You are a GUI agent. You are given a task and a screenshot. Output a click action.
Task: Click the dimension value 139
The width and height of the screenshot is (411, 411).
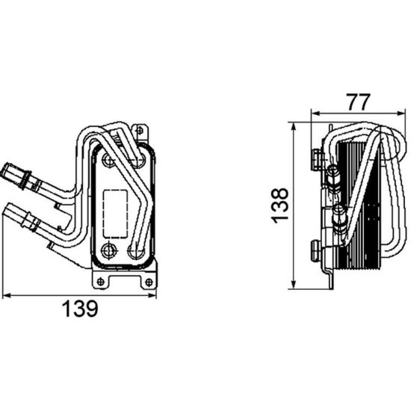[x=80, y=309]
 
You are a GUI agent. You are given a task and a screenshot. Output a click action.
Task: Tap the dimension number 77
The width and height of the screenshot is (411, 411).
[x=359, y=102]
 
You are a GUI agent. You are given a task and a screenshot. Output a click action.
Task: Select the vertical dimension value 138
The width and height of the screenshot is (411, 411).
[x=280, y=205]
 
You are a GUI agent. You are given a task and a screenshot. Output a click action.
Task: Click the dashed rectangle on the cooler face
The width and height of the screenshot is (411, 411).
[x=115, y=214]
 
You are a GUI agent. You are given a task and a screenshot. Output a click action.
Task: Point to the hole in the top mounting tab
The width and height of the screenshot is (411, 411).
[x=140, y=130]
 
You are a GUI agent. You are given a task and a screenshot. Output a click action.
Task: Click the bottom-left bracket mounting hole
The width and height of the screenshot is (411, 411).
[x=100, y=282]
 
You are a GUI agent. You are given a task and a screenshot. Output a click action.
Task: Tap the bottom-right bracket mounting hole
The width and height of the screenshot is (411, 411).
[x=149, y=282]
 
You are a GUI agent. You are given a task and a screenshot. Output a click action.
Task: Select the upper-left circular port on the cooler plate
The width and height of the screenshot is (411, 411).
[x=108, y=160]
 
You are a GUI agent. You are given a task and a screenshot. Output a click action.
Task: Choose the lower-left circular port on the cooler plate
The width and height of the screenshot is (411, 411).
[x=108, y=251]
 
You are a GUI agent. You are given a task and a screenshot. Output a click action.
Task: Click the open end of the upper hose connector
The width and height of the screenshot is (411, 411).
[x=6, y=171]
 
